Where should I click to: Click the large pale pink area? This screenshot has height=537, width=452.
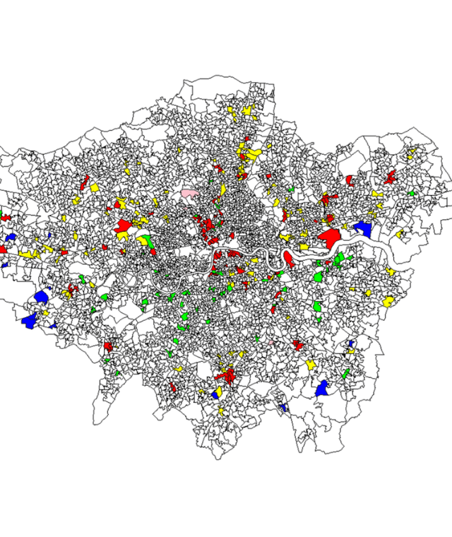189,193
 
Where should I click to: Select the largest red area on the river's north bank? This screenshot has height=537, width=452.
329,235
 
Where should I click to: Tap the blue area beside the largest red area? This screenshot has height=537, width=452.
363,228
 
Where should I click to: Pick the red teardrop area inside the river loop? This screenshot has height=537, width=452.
288,259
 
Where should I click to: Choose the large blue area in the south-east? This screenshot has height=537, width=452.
323,388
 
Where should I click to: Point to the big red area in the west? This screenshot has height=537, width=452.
124,226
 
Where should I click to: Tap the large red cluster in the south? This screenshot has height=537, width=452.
227,374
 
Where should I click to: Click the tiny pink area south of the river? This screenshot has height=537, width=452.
270,342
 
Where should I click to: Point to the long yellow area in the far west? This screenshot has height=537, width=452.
29,253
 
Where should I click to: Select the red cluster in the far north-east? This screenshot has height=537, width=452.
389,177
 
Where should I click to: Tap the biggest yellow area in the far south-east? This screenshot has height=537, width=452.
389,302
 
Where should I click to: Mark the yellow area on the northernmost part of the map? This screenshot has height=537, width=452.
247,111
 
